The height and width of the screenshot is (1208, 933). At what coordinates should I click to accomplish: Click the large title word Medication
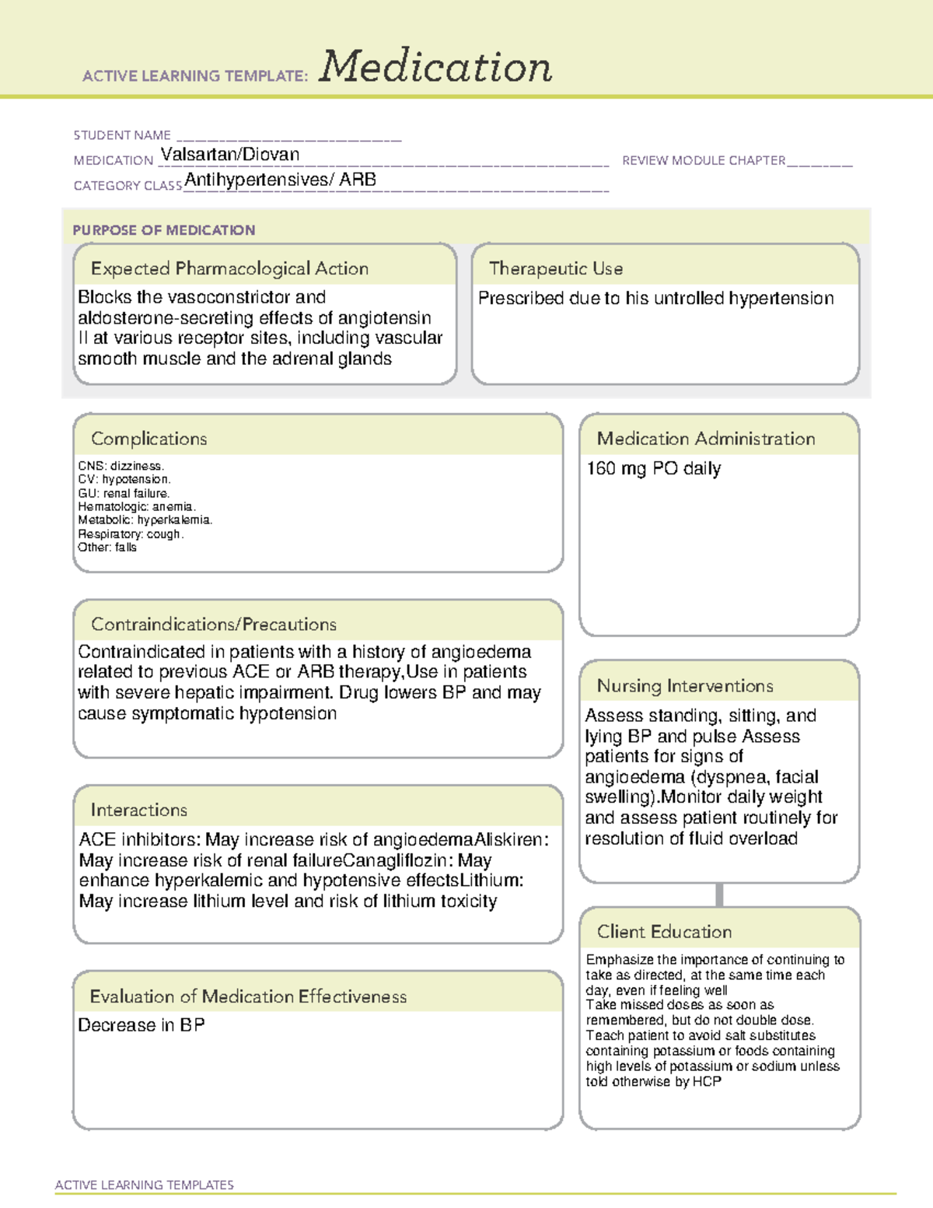pos(435,67)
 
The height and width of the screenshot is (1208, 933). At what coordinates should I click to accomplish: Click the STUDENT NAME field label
pos(122,135)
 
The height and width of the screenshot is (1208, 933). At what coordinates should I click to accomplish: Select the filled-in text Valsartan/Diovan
pos(230,155)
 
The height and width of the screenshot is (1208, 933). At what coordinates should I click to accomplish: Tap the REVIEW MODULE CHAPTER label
pos(704,160)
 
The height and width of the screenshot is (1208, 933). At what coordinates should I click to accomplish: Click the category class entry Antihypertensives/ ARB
pos(281,180)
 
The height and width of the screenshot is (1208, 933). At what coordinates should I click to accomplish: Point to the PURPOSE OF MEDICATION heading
pos(164,230)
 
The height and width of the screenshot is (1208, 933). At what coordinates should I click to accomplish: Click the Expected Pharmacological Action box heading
pos(229,268)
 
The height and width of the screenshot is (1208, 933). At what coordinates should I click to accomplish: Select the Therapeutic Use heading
pos(556,268)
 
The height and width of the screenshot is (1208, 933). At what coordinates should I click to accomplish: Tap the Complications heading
pos(149,439)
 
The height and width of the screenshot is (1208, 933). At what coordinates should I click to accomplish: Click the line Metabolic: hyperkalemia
pos(145,520)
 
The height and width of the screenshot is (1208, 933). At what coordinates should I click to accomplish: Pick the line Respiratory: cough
pos(131,534)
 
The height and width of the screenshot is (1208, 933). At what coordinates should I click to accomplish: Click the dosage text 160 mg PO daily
pos(654,468)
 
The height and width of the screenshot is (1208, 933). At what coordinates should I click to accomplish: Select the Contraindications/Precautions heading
pos(214,625)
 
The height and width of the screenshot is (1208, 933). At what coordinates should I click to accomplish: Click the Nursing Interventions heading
pos(685,686)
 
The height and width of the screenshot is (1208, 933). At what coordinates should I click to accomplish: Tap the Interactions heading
pos(139,811)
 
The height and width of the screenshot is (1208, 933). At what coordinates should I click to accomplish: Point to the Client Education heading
pos(665,932)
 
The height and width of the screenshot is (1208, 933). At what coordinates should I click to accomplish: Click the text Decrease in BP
pos(142,1025)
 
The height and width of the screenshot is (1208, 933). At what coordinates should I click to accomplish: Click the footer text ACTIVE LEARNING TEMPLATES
pos(145,1185)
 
